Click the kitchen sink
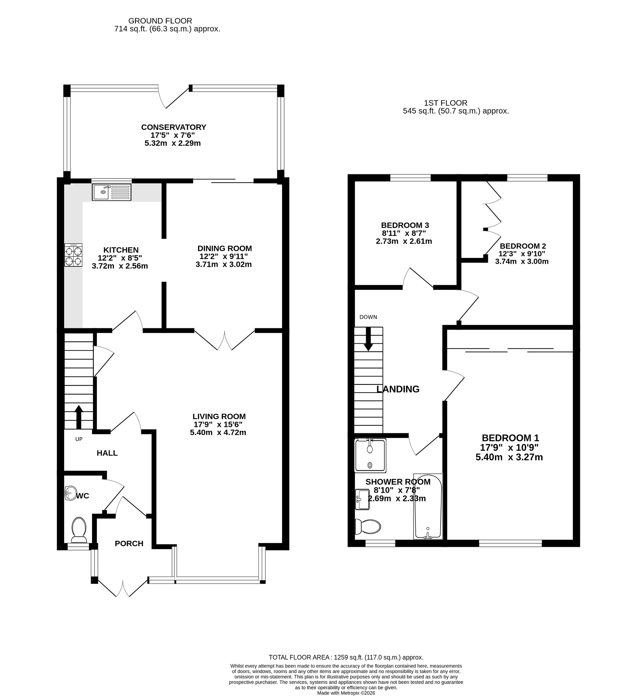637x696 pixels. tap(111, 192)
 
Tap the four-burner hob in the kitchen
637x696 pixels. tap(73, 255)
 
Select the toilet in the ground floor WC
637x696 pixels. tap(79, 530)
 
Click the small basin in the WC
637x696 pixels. tap(71, 493)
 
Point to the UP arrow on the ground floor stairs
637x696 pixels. tap(79, 417)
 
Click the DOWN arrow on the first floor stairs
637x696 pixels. tap(369, 339)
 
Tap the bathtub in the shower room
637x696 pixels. tap(428, 506)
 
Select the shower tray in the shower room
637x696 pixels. tap(370, 455)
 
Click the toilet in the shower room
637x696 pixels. tap(368, 527)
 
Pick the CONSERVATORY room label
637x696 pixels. tap(174, 127)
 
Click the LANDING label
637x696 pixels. tap(398, 389)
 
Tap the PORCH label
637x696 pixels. tap(129, 543)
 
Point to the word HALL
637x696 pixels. tap(107, 453)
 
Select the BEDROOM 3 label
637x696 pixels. tap(405, 225)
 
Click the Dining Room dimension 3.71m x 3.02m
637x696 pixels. tap(224, 264)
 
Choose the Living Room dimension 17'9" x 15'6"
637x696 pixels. tap(218, 424)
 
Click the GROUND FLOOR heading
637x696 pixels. tap(160, 21)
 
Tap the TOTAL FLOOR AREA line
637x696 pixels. tap(346, 657)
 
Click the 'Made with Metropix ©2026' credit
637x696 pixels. tap(346, 693)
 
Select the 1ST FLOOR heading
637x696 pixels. tap(445, 103)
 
